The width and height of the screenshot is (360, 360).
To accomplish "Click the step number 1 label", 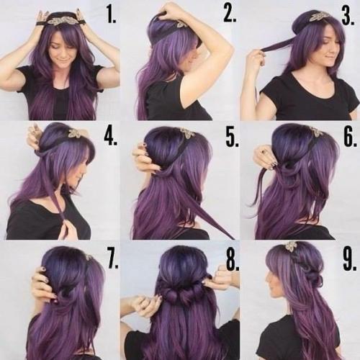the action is [x=111, y=15].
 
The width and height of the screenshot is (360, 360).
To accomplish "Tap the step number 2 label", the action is [x=230, y=14].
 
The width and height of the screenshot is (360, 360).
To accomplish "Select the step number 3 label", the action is [x=348, y=17].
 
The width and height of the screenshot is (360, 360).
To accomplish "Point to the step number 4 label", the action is [x=110, y=138].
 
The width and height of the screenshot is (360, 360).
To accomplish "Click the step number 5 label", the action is [x=233, y=138].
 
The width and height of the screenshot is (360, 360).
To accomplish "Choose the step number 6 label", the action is [x=350, y=138].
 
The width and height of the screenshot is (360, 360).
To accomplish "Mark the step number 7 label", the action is [x=113, y=260].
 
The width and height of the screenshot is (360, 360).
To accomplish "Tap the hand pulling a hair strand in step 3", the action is [x=258, y=53].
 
